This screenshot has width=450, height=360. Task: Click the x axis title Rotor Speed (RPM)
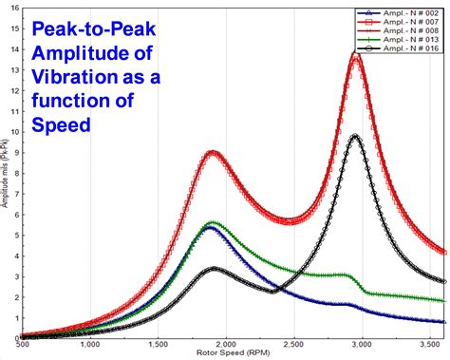pyautogui.click(x=225, y=354)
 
